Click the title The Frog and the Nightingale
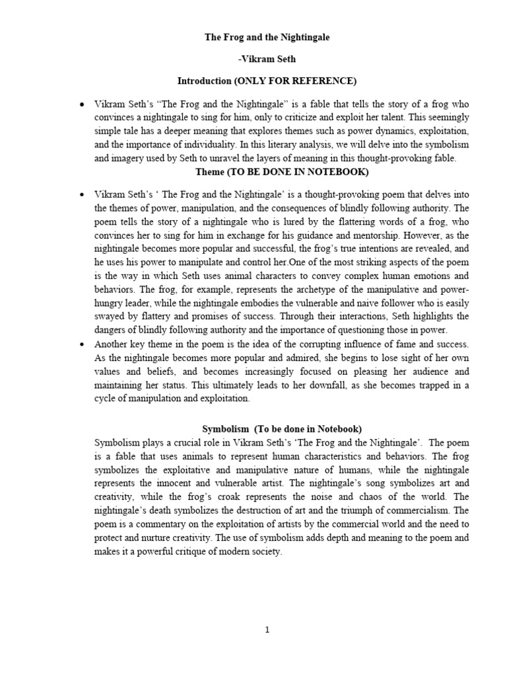[266, 38]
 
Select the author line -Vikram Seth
[267, 60]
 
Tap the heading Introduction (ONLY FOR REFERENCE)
[267, 81]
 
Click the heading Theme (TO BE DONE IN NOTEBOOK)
[282, 172]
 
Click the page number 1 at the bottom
[267, 630]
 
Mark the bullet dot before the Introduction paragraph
[81, 105]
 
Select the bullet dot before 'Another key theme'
[81, 344]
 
